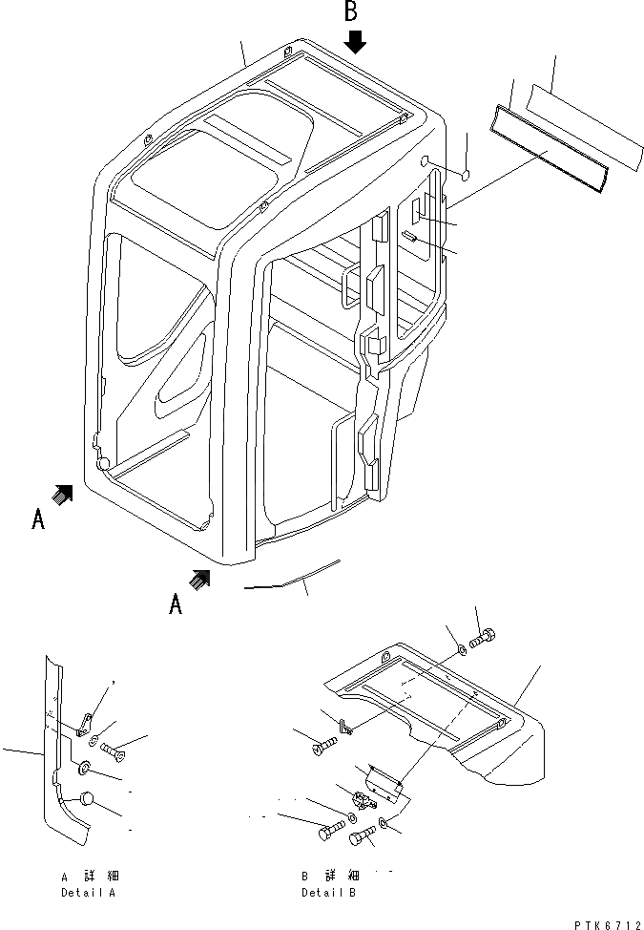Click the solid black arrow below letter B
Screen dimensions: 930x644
[355, 41]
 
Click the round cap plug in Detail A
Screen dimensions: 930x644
[85, 799]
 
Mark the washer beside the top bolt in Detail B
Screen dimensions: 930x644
[462, 649]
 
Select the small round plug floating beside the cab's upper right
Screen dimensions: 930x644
[466, 174]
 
